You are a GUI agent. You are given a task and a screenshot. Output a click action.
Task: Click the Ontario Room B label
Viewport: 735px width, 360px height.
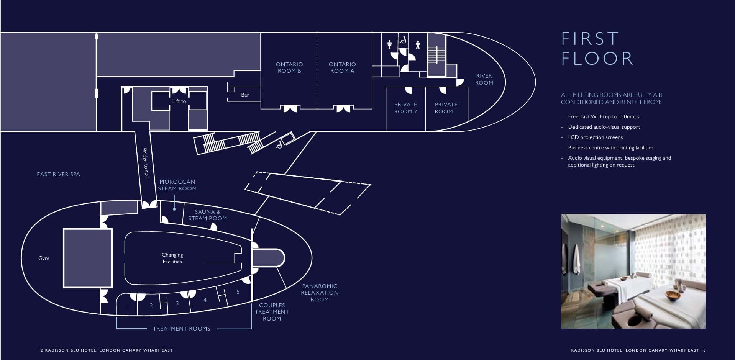point(289,68)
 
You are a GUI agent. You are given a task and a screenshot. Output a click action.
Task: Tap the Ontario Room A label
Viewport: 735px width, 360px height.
point(342,68)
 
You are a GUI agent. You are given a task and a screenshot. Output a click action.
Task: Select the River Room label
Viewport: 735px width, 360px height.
point(484,79)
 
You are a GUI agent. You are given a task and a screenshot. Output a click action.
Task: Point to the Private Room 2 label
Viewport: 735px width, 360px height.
point(405,108)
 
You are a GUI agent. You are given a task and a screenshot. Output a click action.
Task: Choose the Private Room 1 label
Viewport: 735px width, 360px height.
point(446,108)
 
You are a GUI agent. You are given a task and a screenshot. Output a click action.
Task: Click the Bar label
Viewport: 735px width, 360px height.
point(245,95)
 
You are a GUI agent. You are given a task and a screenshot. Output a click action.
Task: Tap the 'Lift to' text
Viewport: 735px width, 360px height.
point(179,101)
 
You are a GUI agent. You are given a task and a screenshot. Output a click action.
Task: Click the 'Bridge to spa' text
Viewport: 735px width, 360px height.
point(145,163)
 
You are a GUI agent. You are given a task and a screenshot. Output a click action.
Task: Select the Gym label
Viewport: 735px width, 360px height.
point(44,259)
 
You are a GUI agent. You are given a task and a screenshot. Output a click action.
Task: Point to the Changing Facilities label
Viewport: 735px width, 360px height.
point(172,259)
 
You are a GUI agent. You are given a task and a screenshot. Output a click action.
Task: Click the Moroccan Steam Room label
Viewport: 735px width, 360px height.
point(177,185)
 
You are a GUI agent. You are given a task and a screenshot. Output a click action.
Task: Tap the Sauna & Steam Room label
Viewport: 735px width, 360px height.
point(208,215)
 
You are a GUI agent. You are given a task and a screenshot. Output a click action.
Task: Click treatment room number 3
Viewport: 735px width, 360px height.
point(177,303)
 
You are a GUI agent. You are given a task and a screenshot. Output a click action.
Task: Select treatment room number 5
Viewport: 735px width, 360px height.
point(238,292)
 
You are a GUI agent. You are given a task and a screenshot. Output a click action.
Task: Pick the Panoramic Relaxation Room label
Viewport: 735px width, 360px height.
point(320,293)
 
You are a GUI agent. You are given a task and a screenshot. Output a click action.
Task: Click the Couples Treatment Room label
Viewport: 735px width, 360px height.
point(272,312)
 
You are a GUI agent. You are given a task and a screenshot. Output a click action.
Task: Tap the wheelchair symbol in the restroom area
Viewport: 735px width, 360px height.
point(403,39)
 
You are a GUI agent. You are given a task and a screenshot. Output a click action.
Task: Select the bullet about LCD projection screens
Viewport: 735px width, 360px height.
point(595,137)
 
